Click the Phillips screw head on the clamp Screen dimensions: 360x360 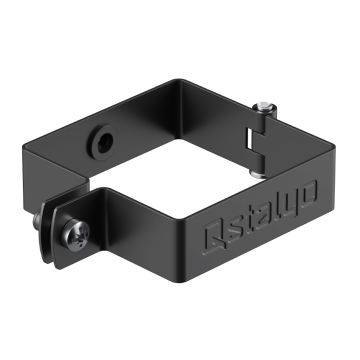75,234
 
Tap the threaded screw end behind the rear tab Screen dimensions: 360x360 36,219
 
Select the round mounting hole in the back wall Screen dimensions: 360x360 104,142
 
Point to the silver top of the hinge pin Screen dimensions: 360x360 264,108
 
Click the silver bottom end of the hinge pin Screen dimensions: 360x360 257,174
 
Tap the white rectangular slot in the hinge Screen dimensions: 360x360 248,138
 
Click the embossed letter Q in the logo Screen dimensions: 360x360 215,237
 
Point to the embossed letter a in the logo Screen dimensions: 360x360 264,216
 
